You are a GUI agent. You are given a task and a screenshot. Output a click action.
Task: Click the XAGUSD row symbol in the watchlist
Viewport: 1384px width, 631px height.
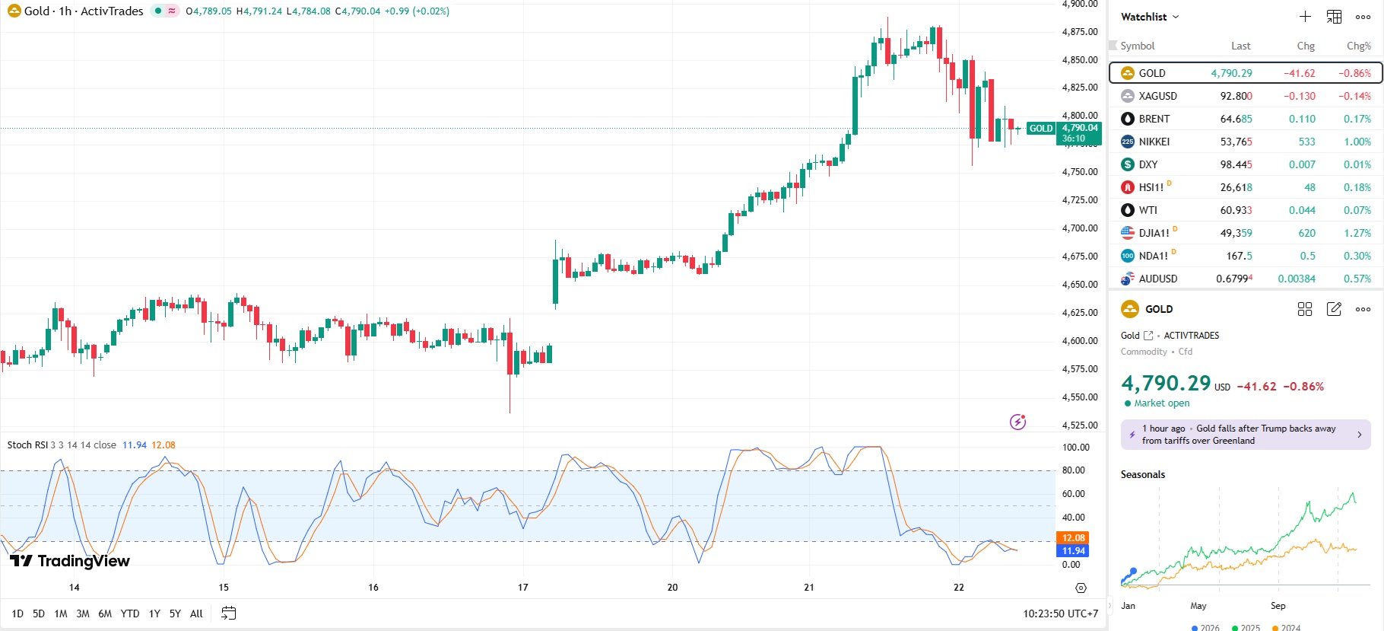pos(1157,96)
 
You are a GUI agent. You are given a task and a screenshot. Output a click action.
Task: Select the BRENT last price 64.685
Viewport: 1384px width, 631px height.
pos(1236,119)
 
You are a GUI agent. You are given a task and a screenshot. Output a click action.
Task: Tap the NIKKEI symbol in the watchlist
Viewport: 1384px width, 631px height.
pos(1154,142)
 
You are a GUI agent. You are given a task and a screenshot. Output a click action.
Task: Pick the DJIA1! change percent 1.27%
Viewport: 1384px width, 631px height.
pos(1357,233)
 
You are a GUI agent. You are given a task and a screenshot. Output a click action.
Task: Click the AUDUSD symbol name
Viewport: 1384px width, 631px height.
pos(1157,279)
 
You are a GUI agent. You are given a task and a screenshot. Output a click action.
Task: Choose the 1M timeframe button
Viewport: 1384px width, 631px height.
pos(61,613)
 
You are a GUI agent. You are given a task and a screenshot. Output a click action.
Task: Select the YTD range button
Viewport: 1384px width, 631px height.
pos(130,613)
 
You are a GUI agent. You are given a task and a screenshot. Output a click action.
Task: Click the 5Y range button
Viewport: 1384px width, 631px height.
pos(175,613)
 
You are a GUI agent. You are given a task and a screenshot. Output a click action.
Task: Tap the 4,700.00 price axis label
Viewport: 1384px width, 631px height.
pos(1080,228)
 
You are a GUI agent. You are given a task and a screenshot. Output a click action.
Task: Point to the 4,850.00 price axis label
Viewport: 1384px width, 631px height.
pos(1080,60)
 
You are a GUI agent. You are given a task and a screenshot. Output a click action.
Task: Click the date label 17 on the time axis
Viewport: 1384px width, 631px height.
pos(523,588)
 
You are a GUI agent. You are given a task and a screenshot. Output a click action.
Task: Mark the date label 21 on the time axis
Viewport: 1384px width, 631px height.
pos(809,588)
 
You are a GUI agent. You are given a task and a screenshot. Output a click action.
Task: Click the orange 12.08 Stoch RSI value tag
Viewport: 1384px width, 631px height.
pos(1073,538)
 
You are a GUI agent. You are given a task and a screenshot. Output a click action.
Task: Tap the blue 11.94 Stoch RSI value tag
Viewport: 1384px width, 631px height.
pos(1073,551)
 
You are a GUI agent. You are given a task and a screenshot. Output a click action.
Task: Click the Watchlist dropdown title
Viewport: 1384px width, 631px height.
pos(1149,17)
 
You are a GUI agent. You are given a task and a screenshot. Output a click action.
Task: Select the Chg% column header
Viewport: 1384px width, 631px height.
pos(1358,46)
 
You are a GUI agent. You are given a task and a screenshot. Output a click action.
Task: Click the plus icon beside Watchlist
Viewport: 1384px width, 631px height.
pos(1305,17)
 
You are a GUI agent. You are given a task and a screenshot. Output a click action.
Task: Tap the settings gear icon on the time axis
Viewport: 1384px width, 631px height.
pos(1081,588)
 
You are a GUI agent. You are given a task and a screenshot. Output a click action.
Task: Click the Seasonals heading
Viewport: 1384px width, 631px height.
pos(1142,475)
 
